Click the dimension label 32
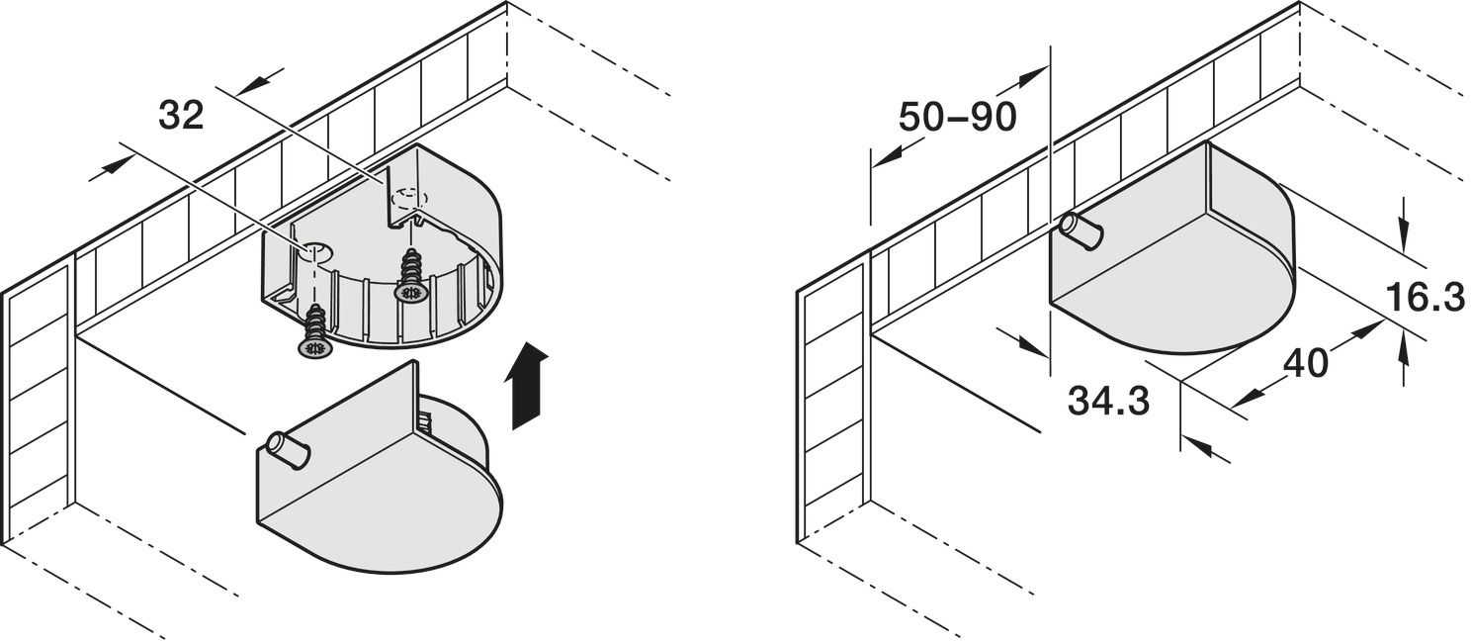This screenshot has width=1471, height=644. click(182, 117)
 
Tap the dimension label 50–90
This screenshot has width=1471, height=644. click(958, 118)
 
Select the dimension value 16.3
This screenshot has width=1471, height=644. click(1426, 297)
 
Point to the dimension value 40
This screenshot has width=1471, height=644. click(1305, 363)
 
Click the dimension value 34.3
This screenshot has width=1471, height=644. click(1108, 401)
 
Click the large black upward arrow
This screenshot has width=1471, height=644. click(526, 386)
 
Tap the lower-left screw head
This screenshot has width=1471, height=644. click(316, 347)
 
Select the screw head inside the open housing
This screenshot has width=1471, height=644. click(412, 292)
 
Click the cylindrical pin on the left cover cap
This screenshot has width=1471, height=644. click(289, 449)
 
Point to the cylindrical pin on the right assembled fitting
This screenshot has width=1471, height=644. click(1081, 231)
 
